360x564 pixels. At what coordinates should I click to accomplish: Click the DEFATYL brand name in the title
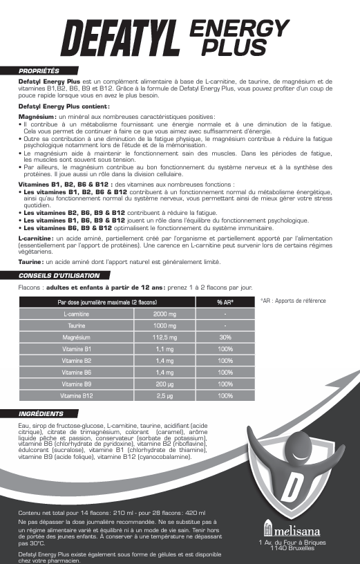pos(122,38)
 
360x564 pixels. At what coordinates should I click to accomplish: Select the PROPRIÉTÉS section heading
pos(39,70)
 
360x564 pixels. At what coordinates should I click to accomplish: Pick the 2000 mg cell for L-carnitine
pos(164,314)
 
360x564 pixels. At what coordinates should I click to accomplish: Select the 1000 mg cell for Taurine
pos(164,326)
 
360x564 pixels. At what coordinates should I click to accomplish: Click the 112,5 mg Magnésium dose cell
pos(164,337)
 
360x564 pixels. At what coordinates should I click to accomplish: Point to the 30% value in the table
pos(225,337)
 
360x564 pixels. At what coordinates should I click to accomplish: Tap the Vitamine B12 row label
pos(77,396)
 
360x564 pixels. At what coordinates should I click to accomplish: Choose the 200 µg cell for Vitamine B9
pos(164,384)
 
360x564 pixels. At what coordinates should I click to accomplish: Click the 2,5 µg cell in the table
pos(164,396)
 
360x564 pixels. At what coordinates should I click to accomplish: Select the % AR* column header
pos(225,302)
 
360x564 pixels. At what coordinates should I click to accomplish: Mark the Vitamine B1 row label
pos(77,349)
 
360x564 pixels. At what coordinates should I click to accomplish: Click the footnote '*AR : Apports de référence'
pos(293,301)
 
